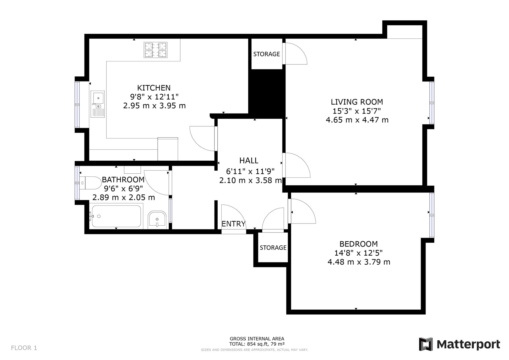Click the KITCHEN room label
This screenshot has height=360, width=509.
tap(154, 88)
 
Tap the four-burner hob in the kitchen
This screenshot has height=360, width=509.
tap(155, 50)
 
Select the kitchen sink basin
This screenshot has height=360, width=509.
tap(98, 97)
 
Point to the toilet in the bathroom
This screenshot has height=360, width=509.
tap(90, 183)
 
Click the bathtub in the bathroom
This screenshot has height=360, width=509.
tap(116, 216)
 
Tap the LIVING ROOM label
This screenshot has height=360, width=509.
tap(357, 102)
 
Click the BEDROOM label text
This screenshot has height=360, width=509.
tap(359, 244)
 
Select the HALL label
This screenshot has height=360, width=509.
tap(249, 160)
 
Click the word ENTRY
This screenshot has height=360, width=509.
tap(234, 224)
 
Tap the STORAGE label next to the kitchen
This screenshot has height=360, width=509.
tap(266, 54)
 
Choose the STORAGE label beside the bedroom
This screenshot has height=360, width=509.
tap(273, 247)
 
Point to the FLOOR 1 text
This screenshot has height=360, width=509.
tap(24, 348)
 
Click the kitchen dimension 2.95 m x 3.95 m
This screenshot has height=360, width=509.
tap(154, 106)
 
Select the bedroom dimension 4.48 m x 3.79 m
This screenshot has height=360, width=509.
tap(359, 262)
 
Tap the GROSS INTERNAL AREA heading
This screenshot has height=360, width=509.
tap(257, 339)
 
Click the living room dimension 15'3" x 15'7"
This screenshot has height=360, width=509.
tap(357, 111)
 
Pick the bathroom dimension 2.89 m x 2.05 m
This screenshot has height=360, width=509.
tap(124, 197)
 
